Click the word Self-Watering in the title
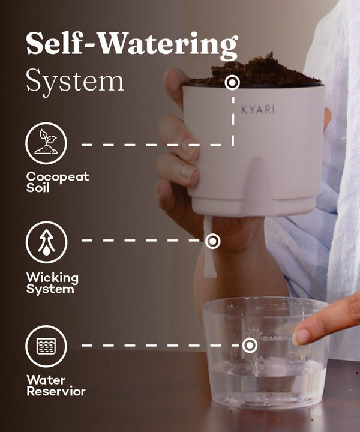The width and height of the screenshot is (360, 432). click(x=132, y=44)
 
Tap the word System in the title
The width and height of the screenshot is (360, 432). click(x=74, y=81)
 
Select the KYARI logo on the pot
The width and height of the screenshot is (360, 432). click(x=258, y=109)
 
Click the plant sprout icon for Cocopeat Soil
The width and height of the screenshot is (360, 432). click(x=46, y=143)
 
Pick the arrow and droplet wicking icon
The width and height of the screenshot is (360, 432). click(x=47, y=242)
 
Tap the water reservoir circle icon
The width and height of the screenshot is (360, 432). click(x=46, y=346)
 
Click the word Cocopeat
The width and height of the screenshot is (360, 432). click(x=58, y=177)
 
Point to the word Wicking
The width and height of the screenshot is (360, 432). click(x=52, y=278)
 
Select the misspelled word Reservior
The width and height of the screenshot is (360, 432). click(x=56, y=391)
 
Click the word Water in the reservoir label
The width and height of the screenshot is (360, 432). click(x=46, y=380)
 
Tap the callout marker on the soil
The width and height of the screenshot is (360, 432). click(x=232, y=82)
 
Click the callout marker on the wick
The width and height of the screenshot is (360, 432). click(x=212, y=241)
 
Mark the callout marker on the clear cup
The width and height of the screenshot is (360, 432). click(x=250, y=345)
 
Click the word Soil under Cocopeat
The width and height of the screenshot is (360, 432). click(x=38, y=188)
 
